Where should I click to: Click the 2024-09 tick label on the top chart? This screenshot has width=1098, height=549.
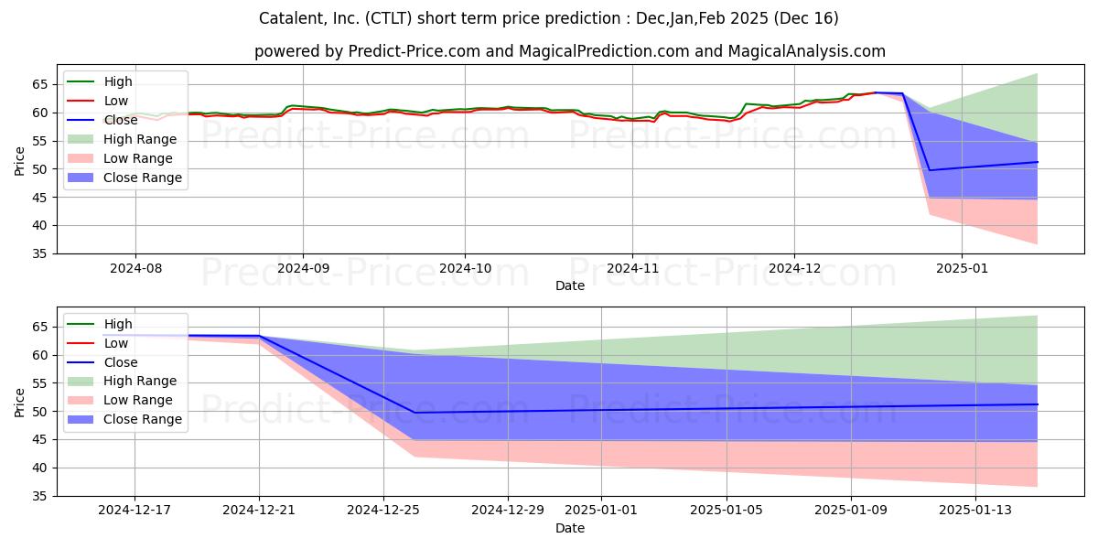click(x=303, y=269)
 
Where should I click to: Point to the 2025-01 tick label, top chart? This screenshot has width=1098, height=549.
click(x=962, y=269)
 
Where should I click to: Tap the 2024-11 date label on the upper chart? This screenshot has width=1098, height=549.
click(x=632, y=269)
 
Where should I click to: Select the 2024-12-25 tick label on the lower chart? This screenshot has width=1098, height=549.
click(x=383, y=511)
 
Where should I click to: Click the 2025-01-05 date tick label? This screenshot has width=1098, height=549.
click(x=727, y=511)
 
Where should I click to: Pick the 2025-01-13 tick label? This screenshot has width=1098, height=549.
click(x=975, y=511)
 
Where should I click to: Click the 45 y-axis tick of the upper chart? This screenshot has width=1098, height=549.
click(x=40, y=198)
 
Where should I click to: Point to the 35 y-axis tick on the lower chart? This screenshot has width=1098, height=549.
click(x=40, y=497)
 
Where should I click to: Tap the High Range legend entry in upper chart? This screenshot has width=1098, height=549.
click(x=122, y=139)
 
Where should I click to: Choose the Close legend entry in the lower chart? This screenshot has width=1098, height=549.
click(x=102, y=362)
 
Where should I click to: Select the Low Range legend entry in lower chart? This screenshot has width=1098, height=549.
click(x=120, y=400)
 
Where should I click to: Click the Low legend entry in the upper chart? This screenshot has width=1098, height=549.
click(x=98, y=101)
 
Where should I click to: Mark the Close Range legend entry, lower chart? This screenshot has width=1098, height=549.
click(x=124, y=419)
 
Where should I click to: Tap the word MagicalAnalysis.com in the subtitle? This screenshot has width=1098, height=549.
click(x=807, y=51)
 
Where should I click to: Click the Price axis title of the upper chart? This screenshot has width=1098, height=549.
click(x=19, y=161)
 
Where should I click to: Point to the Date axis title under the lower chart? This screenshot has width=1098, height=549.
click(x=569, y=528)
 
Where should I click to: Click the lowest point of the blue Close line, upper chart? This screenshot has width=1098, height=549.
click(x=930, y=170)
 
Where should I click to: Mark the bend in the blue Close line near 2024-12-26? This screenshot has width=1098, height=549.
click(x=414, y=413)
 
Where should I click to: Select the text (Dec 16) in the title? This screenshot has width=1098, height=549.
click(x=806, y=18)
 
